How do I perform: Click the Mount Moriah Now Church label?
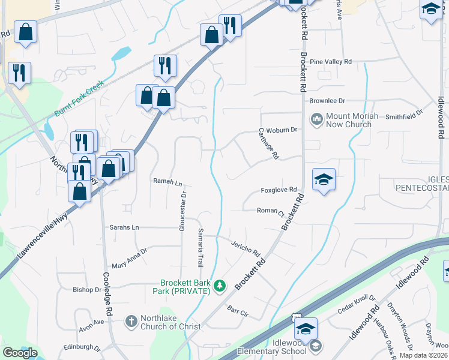click(348, 121)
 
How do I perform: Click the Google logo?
click(20, 353)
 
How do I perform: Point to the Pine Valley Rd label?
click(331, 62)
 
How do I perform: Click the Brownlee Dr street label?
click(328, 101)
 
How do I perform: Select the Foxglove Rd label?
click(279, 190)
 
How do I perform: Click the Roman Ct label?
click(270, 211)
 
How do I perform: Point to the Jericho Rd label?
click(245, 247)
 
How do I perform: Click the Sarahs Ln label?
click(124, 227)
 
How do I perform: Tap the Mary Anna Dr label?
click(130, 259)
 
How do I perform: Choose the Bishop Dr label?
click(87, 289)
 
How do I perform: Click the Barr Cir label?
click(238, 312)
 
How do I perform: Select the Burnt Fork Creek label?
click(79, 100)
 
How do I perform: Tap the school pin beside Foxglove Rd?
click(324, 179)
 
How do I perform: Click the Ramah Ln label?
click(167, 181)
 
